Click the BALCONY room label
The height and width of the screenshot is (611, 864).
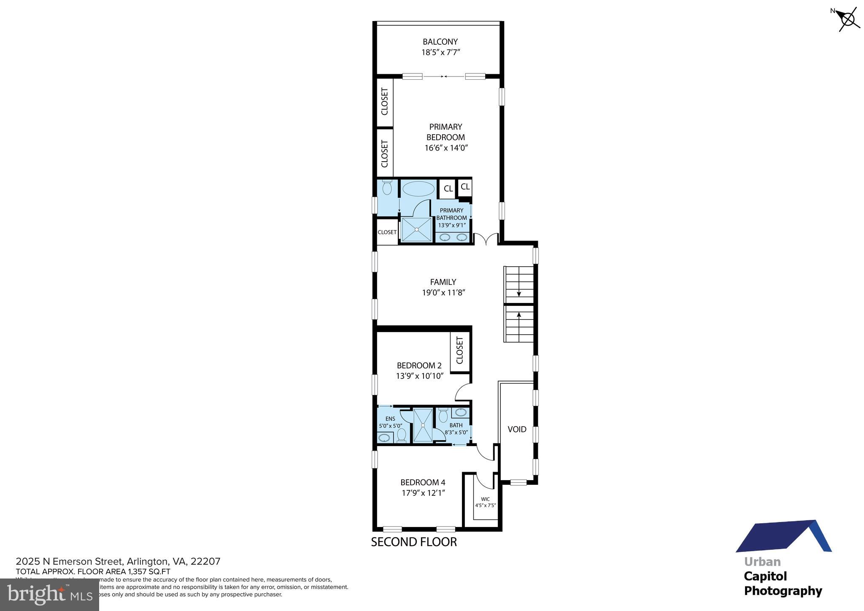(x=440, y=42)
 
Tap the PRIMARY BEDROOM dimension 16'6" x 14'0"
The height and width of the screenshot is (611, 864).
(x=446, y=148)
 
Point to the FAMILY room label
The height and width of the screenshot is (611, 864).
(x=443, y=282)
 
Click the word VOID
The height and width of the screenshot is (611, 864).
(x=517, y=429)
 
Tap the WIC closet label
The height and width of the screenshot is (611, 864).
(x=485, y=499)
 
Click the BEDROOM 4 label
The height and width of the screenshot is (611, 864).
(x=423, y=482)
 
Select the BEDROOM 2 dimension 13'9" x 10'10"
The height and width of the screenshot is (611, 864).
(x=419, y=376)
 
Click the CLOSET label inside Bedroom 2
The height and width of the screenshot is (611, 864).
(x=460, y=350)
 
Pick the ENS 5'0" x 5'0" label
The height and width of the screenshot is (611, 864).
(x=390, y=422)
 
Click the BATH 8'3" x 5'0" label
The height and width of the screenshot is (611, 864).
(x=456, y=429)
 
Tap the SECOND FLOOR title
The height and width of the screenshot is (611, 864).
(x=413, y=542)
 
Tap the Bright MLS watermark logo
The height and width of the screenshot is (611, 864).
(x=49, y=595)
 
